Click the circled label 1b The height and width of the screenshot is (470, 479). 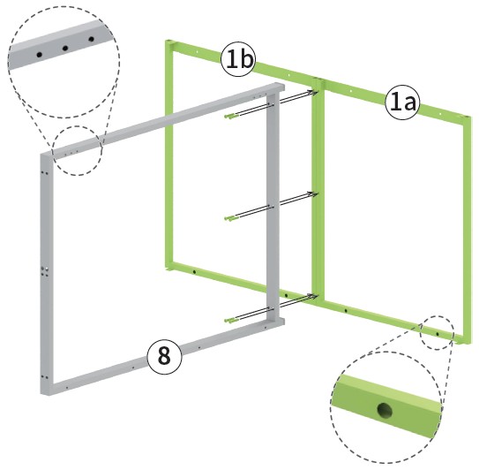pos(237,59)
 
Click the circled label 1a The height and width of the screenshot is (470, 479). pos(402,102)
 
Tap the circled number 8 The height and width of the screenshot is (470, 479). pos(164,357)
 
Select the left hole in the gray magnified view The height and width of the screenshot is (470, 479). pos(39,55)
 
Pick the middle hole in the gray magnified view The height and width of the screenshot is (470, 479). pos(64,48)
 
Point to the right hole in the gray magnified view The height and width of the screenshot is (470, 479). pos(91,39)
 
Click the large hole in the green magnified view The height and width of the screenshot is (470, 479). pos(385,410)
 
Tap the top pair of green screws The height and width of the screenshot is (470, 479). pos(231,116)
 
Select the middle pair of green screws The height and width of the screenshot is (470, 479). pos(231,218)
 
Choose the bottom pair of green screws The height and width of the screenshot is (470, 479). pos(231,320)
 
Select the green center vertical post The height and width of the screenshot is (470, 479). pos(318,190)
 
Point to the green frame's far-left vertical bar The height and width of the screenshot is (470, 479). pos(169,155)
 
